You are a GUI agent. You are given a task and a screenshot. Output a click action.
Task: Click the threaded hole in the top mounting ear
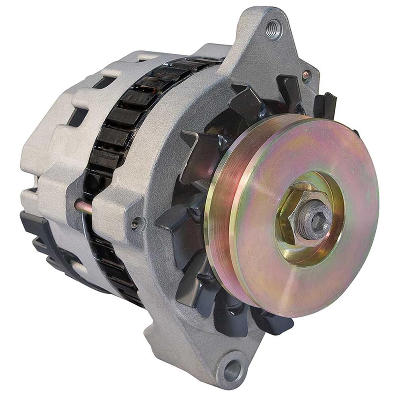pos(274,25)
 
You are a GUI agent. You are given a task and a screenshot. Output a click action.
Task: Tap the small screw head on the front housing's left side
pos(135,224)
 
